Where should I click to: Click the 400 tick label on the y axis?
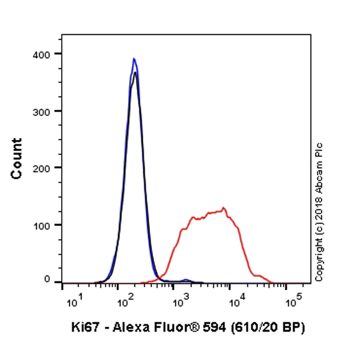pyautogui.click(x=42, y=53)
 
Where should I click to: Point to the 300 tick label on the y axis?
pyautogui.click(x=42, y=111)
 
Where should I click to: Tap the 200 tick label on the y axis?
pyautogui.click(x=42, y=167)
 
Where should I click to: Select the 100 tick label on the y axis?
pyautogui.click(x=42, y=224)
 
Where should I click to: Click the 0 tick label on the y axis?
pyautogui.click(x=47, y=280)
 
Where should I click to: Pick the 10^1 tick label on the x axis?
pyautogui.click(x=71, y=302)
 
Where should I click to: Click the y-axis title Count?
pyautogui.click(x=17, y=158)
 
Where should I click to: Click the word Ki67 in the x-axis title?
pyautogui.click(x=82, y=327)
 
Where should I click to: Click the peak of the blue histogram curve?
pyautogui.click(x=134, y=59)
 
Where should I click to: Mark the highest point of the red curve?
pyautogui.click(x=224, y=208)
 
